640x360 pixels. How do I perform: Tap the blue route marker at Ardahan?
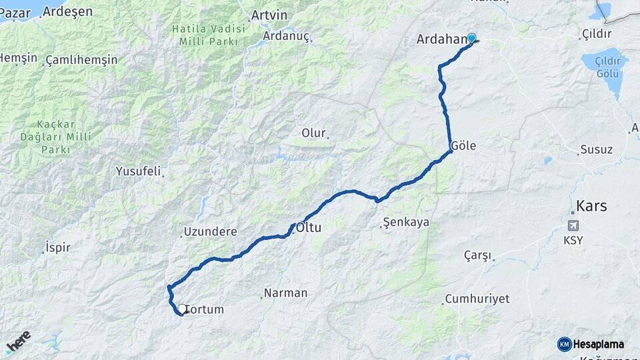pyautogui.click(x=472, y=38)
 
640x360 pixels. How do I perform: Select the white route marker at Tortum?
pyautogui.click(x=181, y=309)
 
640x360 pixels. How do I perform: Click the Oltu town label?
pyautogui.click(x=309, y=227)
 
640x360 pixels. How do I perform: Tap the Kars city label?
pyautogui.click(x=591, y=206)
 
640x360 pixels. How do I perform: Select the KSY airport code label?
pyautogui.click(x=573, y=240)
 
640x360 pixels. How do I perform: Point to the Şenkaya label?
pyautogui.click(x=407, y=222)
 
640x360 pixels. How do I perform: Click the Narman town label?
pyautogui.click(x=285, y=293)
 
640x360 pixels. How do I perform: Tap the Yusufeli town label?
pyautogui.click(x=138, y=171)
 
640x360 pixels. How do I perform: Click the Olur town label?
pyautogui.click(x=313, y=133)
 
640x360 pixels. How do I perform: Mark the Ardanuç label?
pyautogui.click(x=287, y=36)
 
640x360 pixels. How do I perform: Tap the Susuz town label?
pyautogui.click(x=596, y=149)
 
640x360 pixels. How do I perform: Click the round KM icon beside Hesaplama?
pyautogui.click(x=565, y=344)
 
